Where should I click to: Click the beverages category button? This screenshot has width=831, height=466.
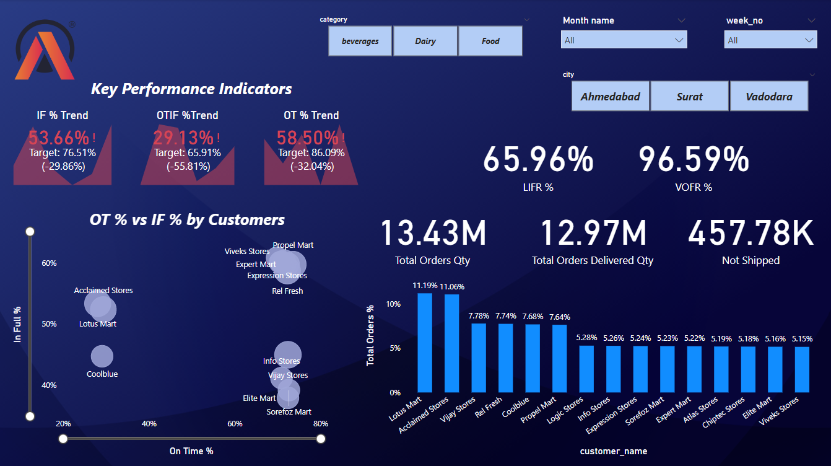[360, 42]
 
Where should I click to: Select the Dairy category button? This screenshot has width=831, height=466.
[425, 42]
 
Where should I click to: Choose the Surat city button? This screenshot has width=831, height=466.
[689, 97]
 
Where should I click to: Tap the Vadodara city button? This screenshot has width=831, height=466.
[768, 97]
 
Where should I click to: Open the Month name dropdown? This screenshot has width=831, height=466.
[624, 40]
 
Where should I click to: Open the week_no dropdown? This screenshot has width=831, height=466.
[770, 40]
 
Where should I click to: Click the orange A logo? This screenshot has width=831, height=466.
[44, 52]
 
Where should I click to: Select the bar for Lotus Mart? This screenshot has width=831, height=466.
[425, 343]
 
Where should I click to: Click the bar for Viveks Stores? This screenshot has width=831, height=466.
[802, 369]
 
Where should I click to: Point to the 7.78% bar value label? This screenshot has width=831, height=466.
[479, 316]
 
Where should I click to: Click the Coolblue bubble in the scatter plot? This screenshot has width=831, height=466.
[102, 356]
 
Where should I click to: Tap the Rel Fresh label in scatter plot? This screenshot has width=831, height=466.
[287, 291]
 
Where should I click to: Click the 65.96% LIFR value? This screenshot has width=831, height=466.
[537, 160]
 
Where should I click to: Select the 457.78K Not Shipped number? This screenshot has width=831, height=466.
[751, 234]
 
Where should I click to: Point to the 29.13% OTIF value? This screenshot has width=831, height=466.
[183, 138]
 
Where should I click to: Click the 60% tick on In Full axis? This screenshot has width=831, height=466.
[49, 263]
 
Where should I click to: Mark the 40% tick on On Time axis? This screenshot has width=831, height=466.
[149, 424]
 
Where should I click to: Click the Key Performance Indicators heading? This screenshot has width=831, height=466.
[191, 89]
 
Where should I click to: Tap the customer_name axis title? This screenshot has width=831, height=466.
[613, 451]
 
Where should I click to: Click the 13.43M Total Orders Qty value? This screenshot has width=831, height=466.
[432, 234]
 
